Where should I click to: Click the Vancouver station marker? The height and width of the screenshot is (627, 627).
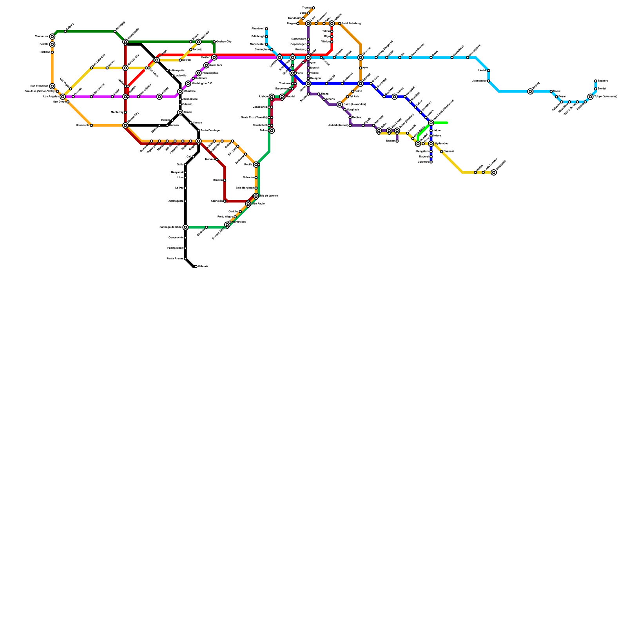coord(52,36)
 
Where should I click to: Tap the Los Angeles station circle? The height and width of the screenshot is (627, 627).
coord(63,97)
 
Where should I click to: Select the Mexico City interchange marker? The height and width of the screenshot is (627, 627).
coord(125,125)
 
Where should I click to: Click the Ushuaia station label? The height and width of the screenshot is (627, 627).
coord(203,266)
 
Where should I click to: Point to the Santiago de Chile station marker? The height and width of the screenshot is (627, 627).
coord(185,227)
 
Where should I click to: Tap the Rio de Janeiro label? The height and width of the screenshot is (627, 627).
coord(269,196)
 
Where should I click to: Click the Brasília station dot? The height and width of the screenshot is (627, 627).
coord(225,180)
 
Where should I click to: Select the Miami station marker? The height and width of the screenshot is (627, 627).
coord(180,112)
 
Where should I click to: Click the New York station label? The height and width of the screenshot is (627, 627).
coord(216,65)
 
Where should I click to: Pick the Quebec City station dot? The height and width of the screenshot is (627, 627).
coord(214,42)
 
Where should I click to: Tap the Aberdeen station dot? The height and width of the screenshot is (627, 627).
coord(266,29)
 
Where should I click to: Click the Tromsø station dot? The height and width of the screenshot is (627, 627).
coord(313,8)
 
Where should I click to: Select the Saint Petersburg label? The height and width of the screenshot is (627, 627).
coord(351,24)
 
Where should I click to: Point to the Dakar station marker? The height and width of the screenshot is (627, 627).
coord(272,130)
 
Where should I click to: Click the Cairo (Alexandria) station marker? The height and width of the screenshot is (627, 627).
coord(340,105)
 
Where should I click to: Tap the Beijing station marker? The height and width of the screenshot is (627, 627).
coord(530,91)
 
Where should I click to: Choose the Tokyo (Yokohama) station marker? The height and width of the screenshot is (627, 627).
coord(591,97)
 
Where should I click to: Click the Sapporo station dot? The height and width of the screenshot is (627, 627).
coord(596,81)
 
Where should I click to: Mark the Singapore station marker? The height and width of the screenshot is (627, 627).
coord(494,172)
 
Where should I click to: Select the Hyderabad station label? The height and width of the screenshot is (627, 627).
coord(442,144)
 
